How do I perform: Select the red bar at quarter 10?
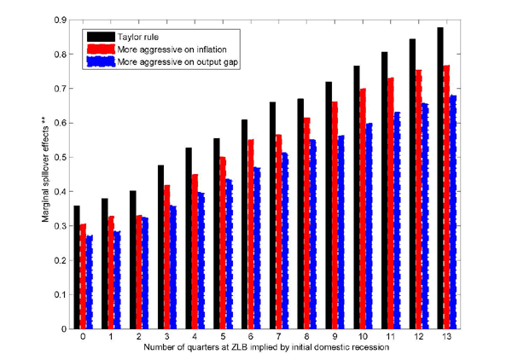362,208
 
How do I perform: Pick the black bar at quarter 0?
77,267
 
